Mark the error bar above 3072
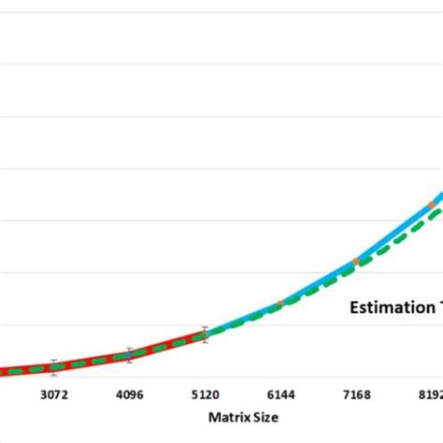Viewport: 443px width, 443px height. coord(53,365)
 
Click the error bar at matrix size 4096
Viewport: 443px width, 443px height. coord(129,355)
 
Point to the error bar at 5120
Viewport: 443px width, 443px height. coord(205,335)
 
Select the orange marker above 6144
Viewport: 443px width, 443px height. coord(280,304)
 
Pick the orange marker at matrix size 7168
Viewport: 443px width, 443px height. coord(356,261)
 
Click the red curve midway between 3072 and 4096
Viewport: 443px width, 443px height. coord(92,361)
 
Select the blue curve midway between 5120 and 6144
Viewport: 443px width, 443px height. coord(243,320)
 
